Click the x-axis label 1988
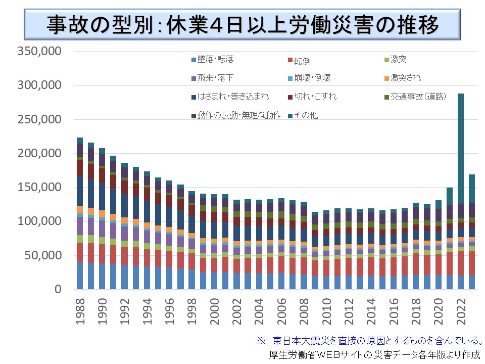[80, 313]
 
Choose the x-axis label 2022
[461, 313]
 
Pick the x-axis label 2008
[304, 313]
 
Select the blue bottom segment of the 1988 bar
[80, 276]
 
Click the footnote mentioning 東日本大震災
[369, 340]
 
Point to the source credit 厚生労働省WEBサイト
[374, 354]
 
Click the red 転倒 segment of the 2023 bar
[472, 263]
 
